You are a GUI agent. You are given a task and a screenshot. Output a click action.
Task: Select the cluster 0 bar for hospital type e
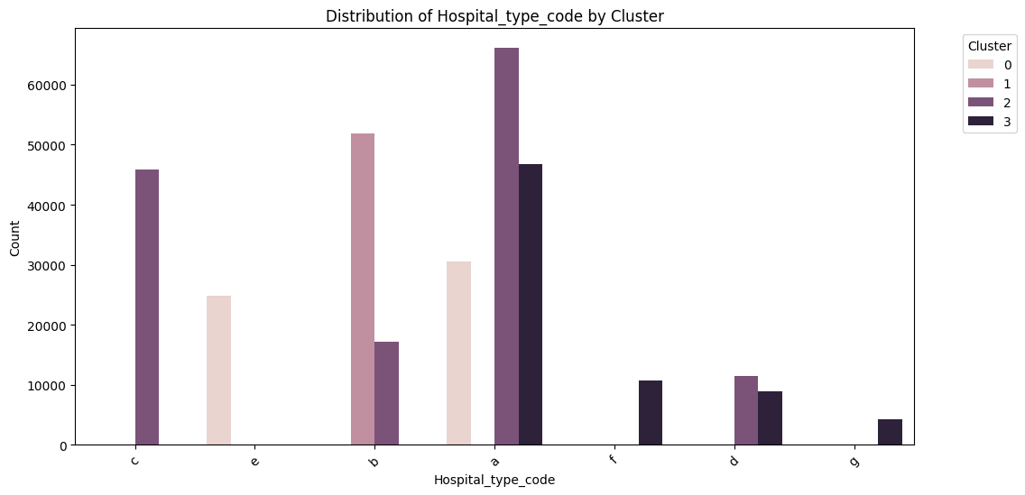[x=219, y=371]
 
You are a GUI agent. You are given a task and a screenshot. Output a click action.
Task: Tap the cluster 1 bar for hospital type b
[x=363, y=289]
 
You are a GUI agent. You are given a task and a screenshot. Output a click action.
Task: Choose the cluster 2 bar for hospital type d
[x=746, y=410]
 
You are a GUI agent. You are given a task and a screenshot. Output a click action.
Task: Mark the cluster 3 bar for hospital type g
[x=890, y=432]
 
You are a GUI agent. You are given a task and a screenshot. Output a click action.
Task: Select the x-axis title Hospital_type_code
[x=494, y=481]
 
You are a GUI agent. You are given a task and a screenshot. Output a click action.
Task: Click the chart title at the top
[x=494, y=16]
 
